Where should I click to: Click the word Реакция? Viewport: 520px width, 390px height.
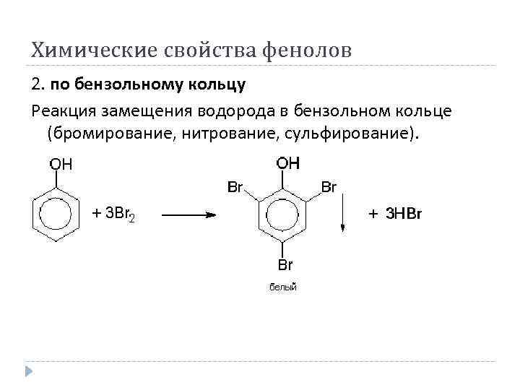[x=64, y=110]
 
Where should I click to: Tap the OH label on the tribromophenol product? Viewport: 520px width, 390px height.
[x=287, y=163]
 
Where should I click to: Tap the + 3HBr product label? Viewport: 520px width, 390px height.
[x=394, y=214]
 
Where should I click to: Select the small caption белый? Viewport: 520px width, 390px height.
[x=283, y=287]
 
